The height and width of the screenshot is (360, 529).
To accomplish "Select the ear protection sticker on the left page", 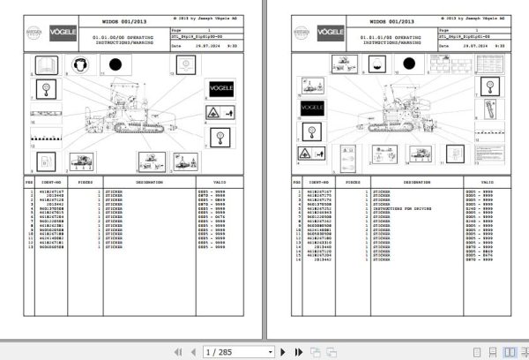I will (x=78, y=64).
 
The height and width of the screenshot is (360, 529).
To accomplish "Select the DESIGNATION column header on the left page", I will (x=143, y=180).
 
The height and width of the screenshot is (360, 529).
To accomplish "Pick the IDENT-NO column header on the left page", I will (x=50, y=180).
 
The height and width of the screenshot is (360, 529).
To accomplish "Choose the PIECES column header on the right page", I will (x=353, y=180).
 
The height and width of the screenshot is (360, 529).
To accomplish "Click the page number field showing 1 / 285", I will (x=221, y=351).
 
